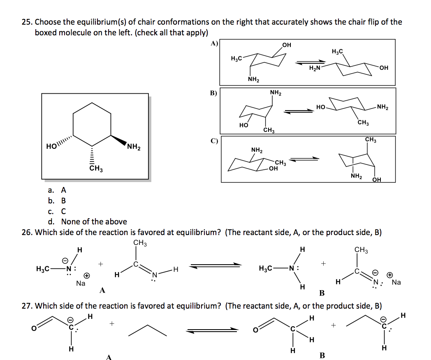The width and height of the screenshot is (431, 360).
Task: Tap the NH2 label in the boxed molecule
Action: (x=134, y=147)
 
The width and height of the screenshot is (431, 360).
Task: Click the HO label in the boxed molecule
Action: (x=52, y=147)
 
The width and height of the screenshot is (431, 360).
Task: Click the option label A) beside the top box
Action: (x=214, y=43)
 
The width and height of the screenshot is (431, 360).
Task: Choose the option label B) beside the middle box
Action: (x=213, y=92)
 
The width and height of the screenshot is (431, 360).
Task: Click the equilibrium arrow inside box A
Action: (x=308, y=62)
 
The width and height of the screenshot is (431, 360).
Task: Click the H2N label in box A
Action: (x=315, y=68)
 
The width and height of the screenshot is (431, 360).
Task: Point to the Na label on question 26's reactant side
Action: (x=81, y=283)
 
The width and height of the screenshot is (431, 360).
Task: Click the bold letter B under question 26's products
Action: (x=322, y=293)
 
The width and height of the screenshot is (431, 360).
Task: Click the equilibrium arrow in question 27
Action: (x=212, y=330)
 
